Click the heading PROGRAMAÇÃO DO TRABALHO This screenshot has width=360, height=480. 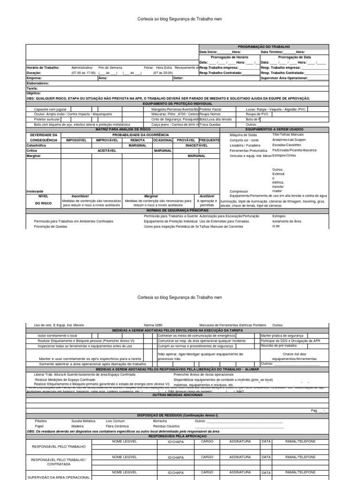(264, 47)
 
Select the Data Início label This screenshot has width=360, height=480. (209, 52)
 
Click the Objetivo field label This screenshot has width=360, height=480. (34, 93)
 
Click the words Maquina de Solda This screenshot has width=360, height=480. (242, 135)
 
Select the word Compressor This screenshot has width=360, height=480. (239, 191)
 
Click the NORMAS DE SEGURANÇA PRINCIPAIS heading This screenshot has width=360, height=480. (177, 211)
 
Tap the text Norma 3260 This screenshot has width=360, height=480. (152, 324)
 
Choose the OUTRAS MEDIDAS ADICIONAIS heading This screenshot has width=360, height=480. (177, 395)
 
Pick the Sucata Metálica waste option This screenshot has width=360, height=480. (83, 421)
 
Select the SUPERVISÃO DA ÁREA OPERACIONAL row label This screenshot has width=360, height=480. (60, 477)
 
